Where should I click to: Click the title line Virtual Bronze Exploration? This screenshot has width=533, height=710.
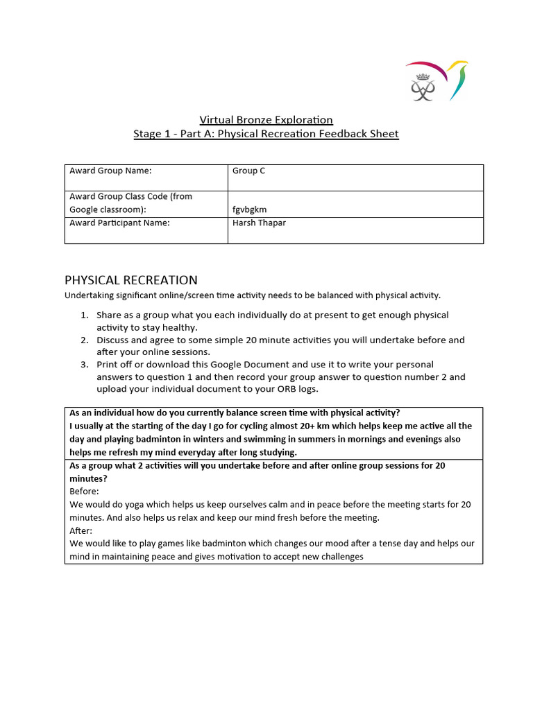(266, 120)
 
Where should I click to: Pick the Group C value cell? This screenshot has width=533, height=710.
(249, 171)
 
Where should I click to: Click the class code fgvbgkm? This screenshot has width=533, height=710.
(250, 209)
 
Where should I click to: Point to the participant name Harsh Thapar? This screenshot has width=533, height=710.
(259, 223)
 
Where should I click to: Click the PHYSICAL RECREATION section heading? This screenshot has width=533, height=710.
(131, 280)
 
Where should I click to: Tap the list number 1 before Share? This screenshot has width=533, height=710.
(84, 315)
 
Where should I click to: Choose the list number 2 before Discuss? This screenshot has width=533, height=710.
(84, 340)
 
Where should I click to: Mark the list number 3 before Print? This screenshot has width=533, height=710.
(84, 365)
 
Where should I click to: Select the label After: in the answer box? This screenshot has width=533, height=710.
(81, 531)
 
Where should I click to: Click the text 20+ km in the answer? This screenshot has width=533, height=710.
(287, 426)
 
